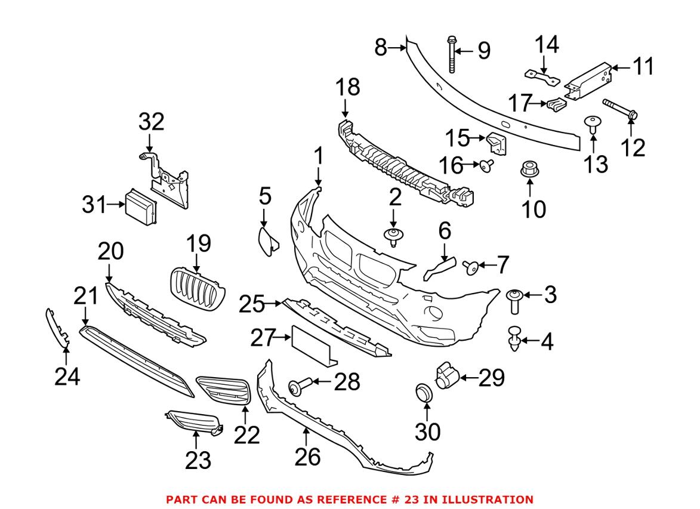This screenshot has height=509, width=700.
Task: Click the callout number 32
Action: click(x=151, y=122)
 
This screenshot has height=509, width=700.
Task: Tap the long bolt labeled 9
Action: click(x=451, y=54)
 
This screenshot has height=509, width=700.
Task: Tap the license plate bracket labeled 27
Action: click(x=312, y=345)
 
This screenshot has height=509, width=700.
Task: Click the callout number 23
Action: click(x=198, y=459)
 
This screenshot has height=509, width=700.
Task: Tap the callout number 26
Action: click(x=307, y=456)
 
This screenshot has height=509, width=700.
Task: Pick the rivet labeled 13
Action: click(x=593, y=125)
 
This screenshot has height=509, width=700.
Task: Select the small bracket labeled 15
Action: click(x=496, y=144)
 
